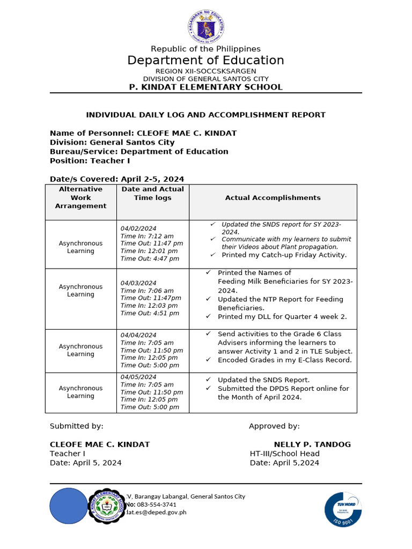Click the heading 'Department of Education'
click(205, 61)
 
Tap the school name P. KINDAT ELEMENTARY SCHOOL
click(205, 87)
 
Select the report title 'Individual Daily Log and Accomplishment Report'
click(205, 115)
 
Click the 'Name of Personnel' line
click(143, 133)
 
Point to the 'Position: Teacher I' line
click(90, 161)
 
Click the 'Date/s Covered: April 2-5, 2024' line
click(117, 179)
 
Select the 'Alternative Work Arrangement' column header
click(80, 198)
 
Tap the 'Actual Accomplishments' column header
click(273, 198)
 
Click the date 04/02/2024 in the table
click(138, 228)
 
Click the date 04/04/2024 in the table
click(138, 335)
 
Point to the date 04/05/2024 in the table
click(138, 377)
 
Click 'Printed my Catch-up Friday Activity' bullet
click(284, 255)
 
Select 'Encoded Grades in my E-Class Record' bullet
click(284, 360)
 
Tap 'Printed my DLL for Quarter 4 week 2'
click(282, 317)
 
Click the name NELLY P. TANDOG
click(312, 444)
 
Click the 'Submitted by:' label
click(77, 426)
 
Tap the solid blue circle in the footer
click(68, 506)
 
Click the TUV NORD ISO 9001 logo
click(343, 509)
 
